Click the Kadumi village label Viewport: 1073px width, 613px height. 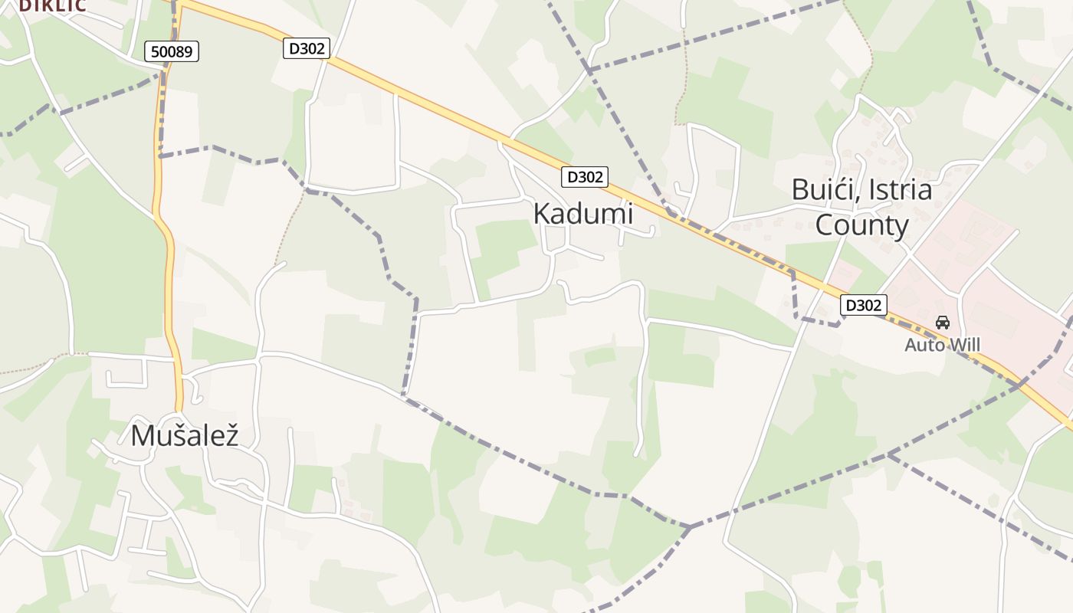(583, 214)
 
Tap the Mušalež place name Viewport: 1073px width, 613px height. (185, 435)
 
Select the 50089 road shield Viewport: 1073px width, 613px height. (172, 51)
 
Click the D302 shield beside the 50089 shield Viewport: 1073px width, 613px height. (307, 48)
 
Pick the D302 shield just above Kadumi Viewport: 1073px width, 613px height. (585, 177)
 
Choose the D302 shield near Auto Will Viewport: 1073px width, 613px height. (864, 305)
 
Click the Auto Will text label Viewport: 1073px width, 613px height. (942, 345)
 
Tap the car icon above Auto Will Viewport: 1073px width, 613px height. (943, 323)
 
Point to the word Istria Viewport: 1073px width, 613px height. (901, 189)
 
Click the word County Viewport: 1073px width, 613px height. (861, 225)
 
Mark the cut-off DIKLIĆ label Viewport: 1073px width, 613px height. (52, 5)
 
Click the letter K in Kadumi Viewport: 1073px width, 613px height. (541, 214)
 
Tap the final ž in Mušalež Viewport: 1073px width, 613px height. (231, 435)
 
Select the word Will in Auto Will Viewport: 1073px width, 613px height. (965, 345)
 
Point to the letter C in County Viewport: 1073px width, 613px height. (824, 225)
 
